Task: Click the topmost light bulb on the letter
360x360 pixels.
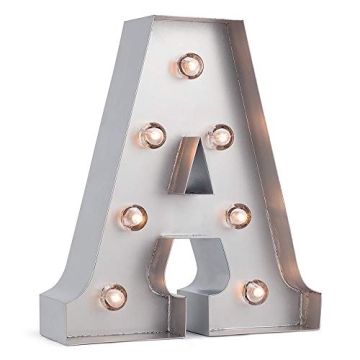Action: point(190,66)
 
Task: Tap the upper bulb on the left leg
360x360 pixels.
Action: point(152,133)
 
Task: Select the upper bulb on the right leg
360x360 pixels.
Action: point(221,136)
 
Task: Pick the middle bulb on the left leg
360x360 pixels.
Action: point(133,216)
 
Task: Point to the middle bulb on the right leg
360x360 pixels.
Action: point(239,215)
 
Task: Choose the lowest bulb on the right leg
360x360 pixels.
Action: point(254,291)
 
